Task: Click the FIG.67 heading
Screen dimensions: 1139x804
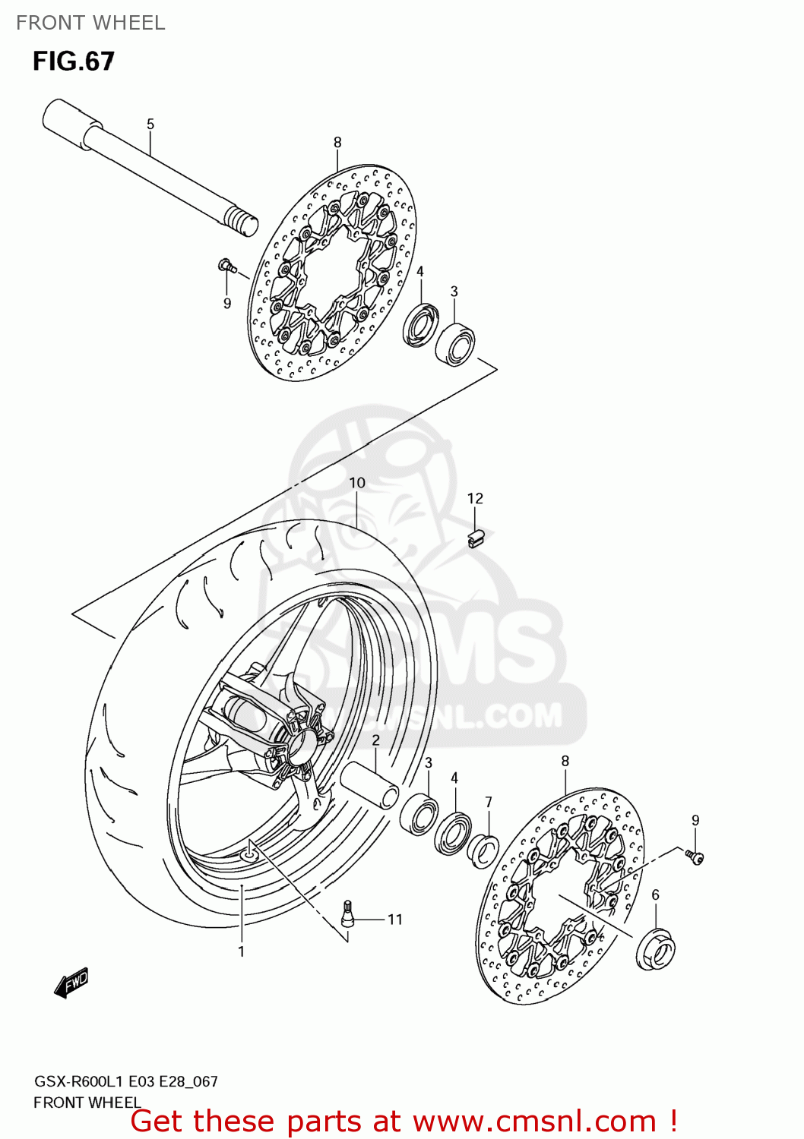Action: click(x=73, y=61)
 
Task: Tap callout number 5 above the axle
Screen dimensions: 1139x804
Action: click(x=150, y=124)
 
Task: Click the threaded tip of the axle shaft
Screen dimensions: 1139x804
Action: click(x=241, y=222)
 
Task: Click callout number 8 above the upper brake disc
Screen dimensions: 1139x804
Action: click(x=337, y=142)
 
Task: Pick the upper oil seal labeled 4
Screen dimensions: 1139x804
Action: click(x=419, y=324)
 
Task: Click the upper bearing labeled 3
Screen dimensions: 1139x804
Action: click(x=455, y=344)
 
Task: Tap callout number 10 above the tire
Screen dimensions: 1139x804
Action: click(x=357, y=482)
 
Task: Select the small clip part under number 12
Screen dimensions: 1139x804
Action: click(x=476, y=538)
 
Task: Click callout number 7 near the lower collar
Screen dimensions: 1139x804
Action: click(x=489, y=802)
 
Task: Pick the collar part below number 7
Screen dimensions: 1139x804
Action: click(x=483, y=849)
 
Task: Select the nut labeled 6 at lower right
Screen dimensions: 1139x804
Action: click(x=656, y=948)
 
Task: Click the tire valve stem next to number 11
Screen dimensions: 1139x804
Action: click(x=347, y=913)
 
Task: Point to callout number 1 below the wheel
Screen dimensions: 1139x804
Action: click(x=241, y=951)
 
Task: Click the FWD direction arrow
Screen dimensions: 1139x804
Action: click(x=71, y=983)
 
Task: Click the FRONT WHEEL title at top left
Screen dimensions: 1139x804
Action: click(x=90, y=23)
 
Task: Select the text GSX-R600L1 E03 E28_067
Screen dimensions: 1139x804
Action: click(x=125, y=1081)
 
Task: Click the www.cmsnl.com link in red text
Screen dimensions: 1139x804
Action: click(x=534, y=1121)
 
